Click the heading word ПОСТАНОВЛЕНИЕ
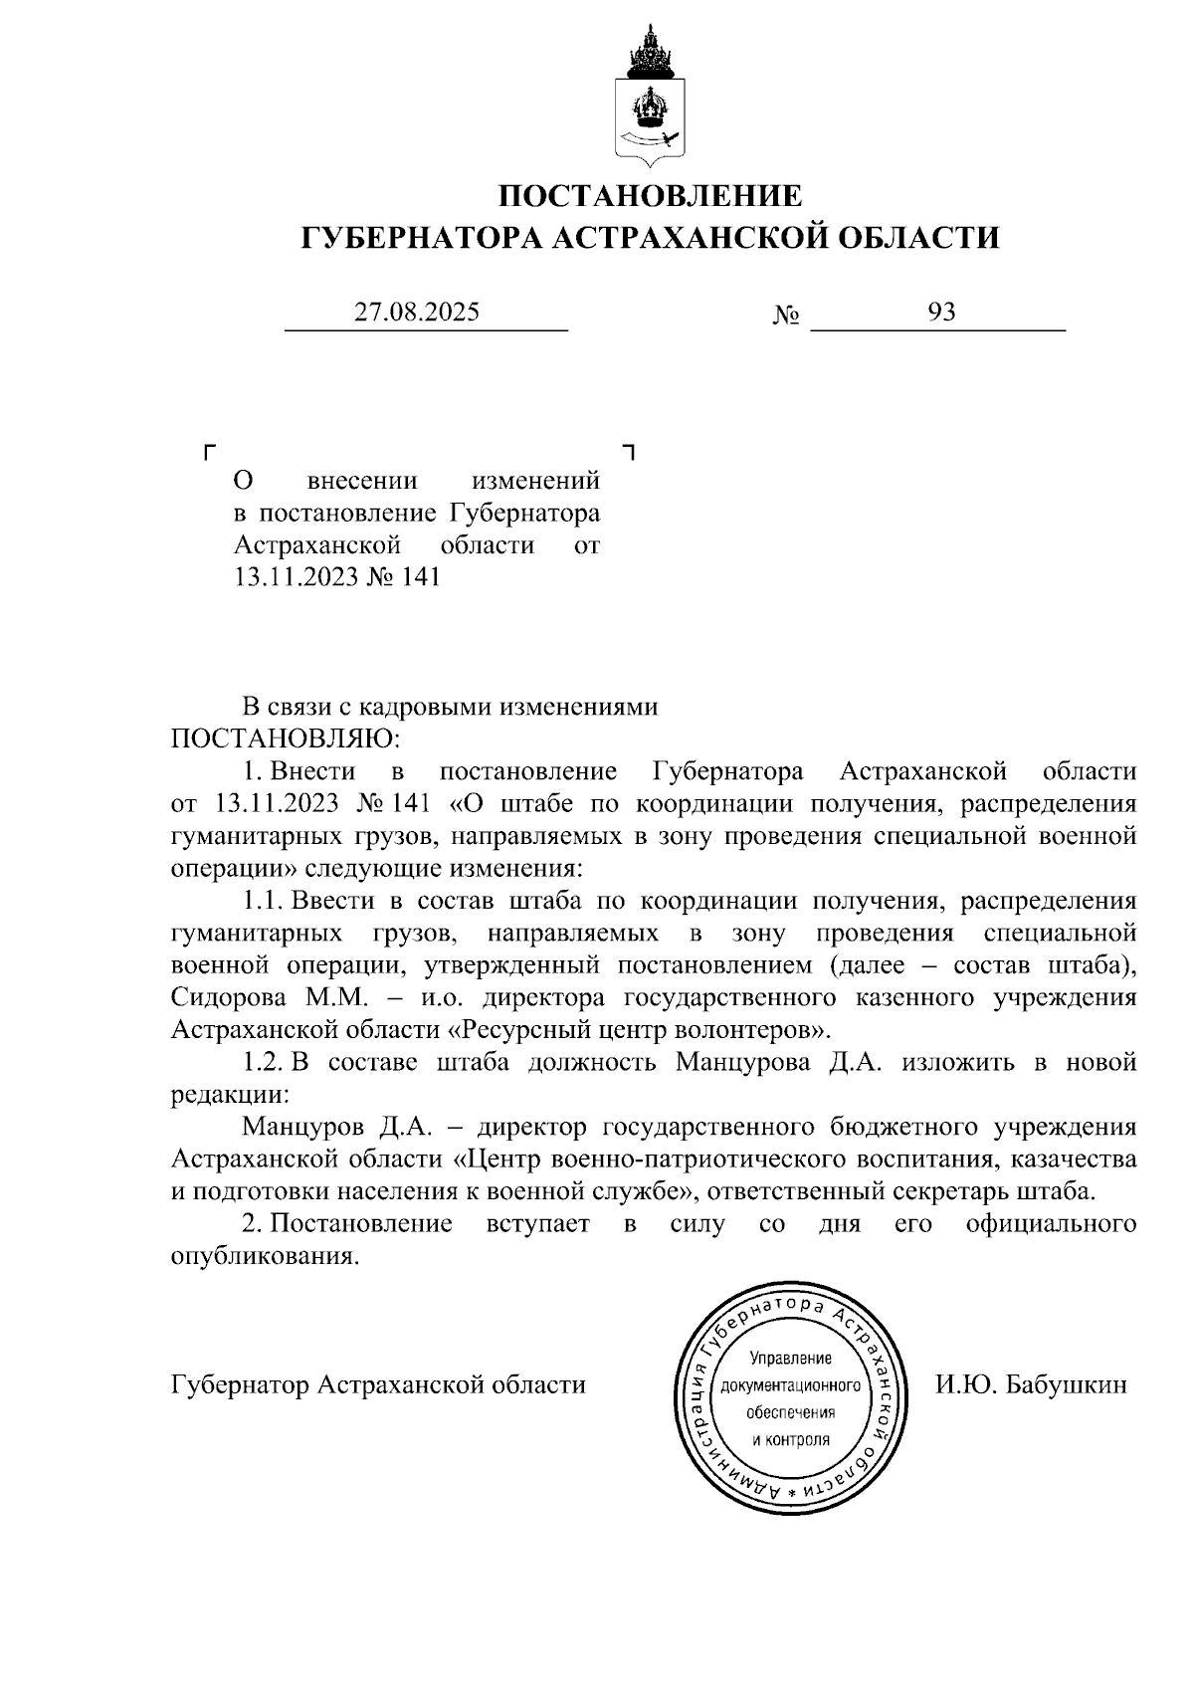(x=650, y=195)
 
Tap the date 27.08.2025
(x=418, y=313)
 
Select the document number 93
(x=941, y=313)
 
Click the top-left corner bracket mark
(x=209, y=453)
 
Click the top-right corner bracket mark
(x=629, y=453)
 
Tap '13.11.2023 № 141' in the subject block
(x=336, y=577)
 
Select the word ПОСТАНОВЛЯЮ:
(x=286, y=739)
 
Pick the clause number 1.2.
(x=265, y=1062)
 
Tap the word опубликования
(x=264, y=1256)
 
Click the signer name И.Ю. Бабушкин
(x=1031, y=1384)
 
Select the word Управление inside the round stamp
(x=790, y=1359)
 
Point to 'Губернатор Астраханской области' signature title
(x=378, y=1384)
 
